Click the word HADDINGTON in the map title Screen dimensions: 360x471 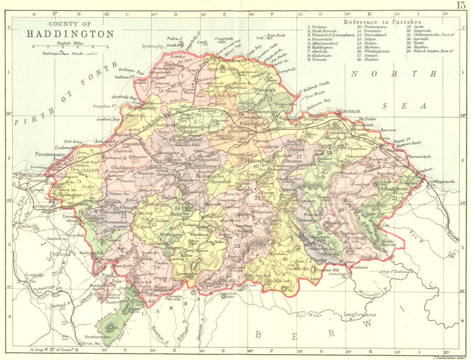[70, 34]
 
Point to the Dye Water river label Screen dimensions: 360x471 [309, 316]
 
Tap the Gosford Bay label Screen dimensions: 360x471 [109, 120]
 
